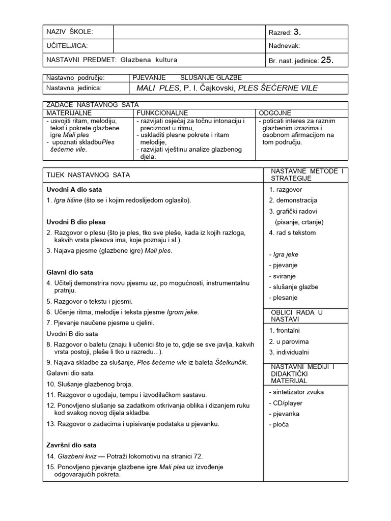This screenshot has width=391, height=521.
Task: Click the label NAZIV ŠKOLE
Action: [70, 32]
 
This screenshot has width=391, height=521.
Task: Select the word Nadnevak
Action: [285, 46]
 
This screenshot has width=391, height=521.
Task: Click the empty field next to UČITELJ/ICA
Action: [189, 46]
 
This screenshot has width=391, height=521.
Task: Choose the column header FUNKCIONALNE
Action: [162, 112]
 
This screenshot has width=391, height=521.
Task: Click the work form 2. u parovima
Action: [289, 341]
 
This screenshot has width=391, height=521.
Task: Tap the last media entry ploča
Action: [278, 424]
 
